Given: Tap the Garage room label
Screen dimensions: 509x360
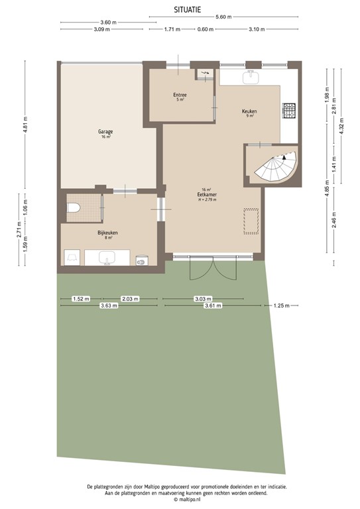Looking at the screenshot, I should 105,133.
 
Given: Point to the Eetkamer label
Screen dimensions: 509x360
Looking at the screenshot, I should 204,194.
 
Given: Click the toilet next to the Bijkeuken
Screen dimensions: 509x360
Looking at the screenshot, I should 74,208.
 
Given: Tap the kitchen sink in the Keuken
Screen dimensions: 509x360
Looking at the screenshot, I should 252,78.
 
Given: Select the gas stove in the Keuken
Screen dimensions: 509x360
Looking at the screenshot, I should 289,111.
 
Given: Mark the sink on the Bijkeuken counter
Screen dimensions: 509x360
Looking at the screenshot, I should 107,258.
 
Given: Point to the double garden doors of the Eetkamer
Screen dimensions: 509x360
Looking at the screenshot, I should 203,268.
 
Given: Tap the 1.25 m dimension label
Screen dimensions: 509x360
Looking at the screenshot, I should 282,306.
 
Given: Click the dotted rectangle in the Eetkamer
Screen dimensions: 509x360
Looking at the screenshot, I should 252,221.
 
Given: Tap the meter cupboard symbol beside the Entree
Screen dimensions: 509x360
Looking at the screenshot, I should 204,74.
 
